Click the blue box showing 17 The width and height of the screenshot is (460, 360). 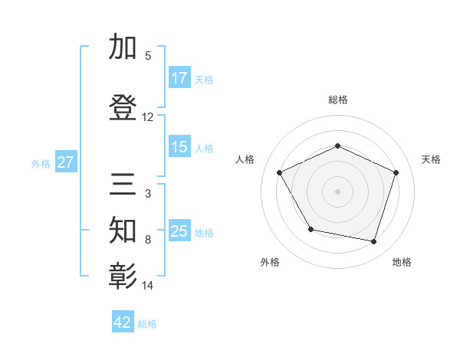pos(179,78)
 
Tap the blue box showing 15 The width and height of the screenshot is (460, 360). pos(179,147)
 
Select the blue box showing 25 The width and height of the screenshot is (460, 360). pos(179,231)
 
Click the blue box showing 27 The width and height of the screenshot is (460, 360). pos(65,162)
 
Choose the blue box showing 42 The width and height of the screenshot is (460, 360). pos(123,322)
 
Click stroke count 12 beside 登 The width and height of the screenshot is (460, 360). pos(148,117)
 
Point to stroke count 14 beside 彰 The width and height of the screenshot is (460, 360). pos(148,286)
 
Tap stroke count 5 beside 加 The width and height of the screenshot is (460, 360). pos(148,55)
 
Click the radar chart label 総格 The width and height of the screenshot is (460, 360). pos(337,100)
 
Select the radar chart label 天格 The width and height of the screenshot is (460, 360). pos(431,159)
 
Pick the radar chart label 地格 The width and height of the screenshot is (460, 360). pos(402,262)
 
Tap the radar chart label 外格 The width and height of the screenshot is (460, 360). pos(270,262)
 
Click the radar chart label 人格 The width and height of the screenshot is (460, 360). pos(245,159)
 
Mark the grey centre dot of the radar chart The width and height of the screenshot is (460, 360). pos(337,191)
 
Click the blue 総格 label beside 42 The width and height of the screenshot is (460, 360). pos(147,324)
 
